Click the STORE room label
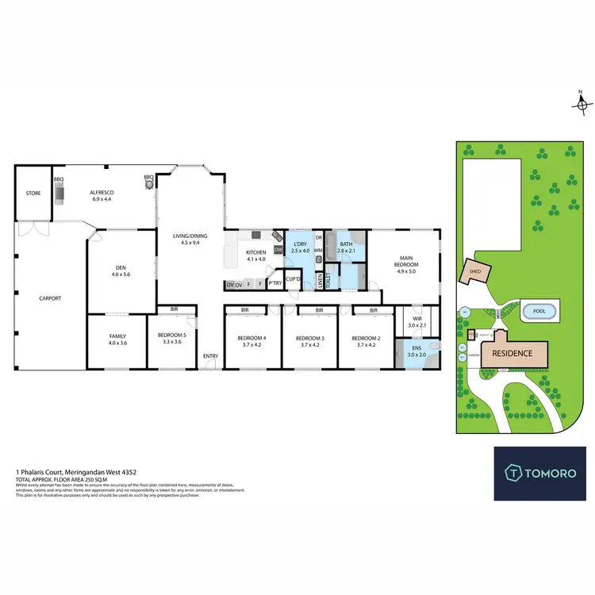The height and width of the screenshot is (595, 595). pos(33,192)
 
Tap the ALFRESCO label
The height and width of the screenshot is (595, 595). pos(102,193)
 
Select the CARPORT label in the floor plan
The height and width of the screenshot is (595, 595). pos(50,298)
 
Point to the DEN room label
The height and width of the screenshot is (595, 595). pos(121,268)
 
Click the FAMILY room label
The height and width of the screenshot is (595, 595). pos(117,336)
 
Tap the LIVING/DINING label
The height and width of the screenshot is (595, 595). pos(190,234)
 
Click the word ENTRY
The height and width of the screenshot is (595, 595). pos(210,356)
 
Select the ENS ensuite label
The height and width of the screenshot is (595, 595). pos(416,351)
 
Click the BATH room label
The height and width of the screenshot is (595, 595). pos(346,245)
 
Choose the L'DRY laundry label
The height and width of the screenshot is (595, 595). pos(300,245)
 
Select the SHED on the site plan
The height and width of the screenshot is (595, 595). pos(474,271)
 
